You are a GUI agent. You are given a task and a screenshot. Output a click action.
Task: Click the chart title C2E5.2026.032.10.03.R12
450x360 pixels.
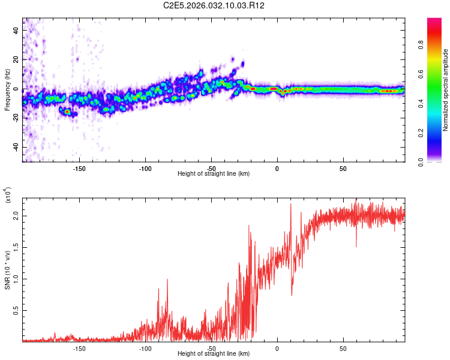pyautogui.click(x=214, y=5)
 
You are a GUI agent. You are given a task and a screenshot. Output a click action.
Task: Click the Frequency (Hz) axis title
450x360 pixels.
pyautogui.click(x=7, y=90)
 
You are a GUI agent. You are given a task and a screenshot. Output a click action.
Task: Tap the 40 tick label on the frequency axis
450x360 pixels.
pyautogui.click(x=16, y=30)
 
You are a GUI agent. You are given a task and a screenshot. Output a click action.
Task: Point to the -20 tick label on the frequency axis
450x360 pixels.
pyautogui.click(x=16, y=117)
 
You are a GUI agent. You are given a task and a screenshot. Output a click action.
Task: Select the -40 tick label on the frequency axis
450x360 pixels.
pyautogui.click(x=16, y=146)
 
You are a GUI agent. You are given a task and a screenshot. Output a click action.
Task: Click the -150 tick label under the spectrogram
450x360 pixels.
pyautogui.click(x=79, y=169)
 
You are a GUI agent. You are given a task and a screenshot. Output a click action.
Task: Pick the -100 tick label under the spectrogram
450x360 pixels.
pyautogui.click(x=145, y=169)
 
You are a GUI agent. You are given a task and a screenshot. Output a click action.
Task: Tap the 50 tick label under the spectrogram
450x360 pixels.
pyautogui.click(x=343, y=169)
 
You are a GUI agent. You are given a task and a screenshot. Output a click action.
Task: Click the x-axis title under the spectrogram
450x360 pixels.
pyautogui.click(x=214, y=173)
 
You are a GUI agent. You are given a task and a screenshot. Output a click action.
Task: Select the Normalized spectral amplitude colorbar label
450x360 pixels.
pyautogui.click(x=445, y=90)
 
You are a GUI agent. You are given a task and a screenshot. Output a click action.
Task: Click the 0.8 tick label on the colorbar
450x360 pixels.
pyautogui.click(x=421, y=45)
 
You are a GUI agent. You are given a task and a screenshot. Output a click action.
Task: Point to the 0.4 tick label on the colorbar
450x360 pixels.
pyautogui.click(x=421, y=104)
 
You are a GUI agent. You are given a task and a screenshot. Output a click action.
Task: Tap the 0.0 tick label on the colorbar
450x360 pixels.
pyautogui.click(x=421, y=163)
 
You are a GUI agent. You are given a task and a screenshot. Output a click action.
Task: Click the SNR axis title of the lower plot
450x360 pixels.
pyautogui.click(x=7, y=270)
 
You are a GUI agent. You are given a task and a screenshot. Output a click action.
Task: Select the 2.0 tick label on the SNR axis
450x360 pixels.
pyautogui.click(x=16, y=216)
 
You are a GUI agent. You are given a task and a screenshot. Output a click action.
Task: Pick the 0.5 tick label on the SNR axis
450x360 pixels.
pyautogui.click(x=16, y=310)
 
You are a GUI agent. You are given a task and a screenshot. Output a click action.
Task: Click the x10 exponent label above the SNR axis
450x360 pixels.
pyautogui.click(x=8, y=195)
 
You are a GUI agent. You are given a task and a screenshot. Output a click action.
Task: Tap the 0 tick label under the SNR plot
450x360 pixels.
pyautogui.click(x=277, y=349)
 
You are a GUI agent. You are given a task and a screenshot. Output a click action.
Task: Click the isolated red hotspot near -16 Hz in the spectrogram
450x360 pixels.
pyautogui.click(x=67, y=112)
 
